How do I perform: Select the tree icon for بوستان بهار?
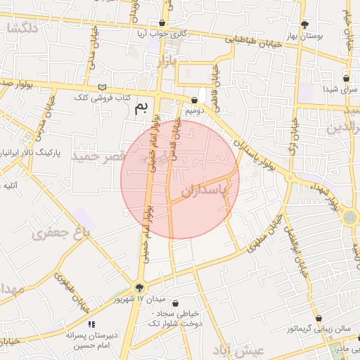click(x=304, y=25)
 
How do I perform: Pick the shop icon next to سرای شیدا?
click(x=345, y=79)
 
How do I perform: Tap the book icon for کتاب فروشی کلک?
click(x=104, y=87)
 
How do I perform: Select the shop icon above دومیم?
click(x=194, y=101)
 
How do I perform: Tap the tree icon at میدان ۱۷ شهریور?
click(x=139, y=287)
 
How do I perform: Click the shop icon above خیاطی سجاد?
click(x=174, y=303)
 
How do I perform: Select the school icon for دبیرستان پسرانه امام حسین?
click(x=91, y=324)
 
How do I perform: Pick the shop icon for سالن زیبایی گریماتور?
click(x=318, y=319)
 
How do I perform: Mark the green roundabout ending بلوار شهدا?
click(x=350, y=218)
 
